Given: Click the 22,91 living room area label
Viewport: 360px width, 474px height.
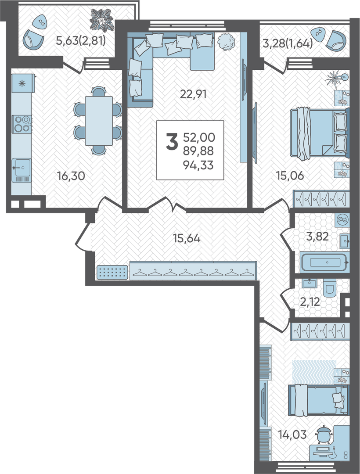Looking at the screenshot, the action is (193, 94).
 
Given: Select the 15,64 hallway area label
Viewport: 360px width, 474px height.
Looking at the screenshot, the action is (187, 238).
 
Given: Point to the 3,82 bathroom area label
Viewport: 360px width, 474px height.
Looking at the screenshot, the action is (317, 236).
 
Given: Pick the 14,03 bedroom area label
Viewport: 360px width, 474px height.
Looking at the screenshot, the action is (292, 434).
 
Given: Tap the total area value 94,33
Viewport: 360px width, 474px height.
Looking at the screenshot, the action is (198, 165).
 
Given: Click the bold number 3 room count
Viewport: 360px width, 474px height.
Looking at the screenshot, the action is (172, 142).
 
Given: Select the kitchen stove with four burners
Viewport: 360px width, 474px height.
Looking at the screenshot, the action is (22, 124).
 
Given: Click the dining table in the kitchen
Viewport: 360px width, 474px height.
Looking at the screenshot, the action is (99, 121).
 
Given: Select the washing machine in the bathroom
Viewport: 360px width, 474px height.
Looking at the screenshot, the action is (342, 220).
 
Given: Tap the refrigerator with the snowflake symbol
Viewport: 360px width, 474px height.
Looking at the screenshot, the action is (23, 83).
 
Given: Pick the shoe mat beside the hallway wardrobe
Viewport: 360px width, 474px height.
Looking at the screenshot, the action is (112, 272).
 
